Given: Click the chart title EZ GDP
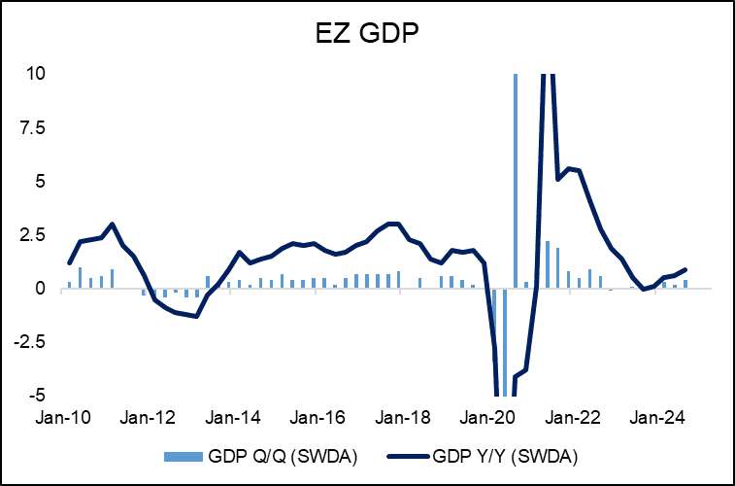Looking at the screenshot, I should click(367, 35).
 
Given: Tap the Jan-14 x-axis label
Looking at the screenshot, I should click(235, 418).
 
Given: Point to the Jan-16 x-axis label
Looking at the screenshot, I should click(319, 418).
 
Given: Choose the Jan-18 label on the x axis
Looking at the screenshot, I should click(403, 418).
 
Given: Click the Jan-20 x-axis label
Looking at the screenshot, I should click(487, 418).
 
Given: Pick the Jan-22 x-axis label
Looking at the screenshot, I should click(571, 418).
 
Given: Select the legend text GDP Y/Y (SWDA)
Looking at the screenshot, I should click(508, 454).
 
